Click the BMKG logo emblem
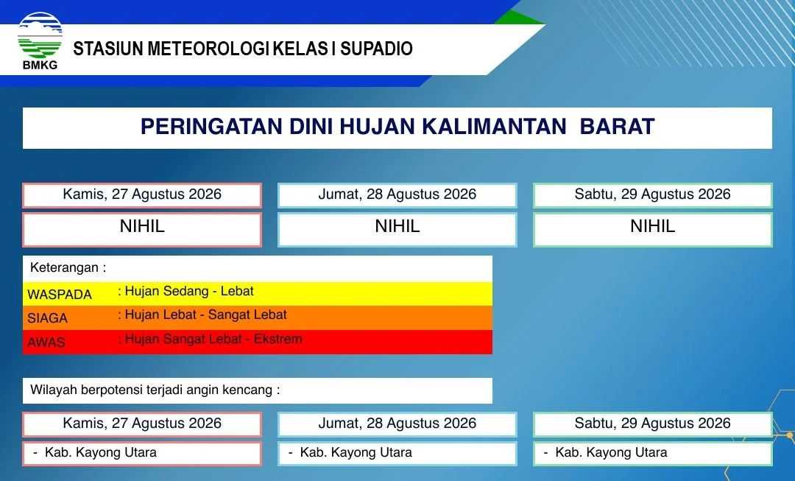pos(40,35)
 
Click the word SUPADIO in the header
pos(376,49)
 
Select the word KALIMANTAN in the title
pos(494,127)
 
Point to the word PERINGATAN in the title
pos(211,127)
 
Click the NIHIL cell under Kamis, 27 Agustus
pos(142,229)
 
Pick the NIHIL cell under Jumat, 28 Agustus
pos(397,229)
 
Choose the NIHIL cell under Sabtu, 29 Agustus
pos(652,229)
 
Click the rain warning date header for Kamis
pos(142,195)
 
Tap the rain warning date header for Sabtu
pos(652,195)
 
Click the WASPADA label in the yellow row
pos(60,295)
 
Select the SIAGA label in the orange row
pos(47,318)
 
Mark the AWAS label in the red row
pos(46,342)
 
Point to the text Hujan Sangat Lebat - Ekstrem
pos(213,339)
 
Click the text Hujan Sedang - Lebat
pos(189,291)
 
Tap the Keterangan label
pos(68,267)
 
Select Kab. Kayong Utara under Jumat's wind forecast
pos(356,452)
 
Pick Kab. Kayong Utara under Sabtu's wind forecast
pos(611,452)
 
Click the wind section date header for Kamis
pos(142,424)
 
